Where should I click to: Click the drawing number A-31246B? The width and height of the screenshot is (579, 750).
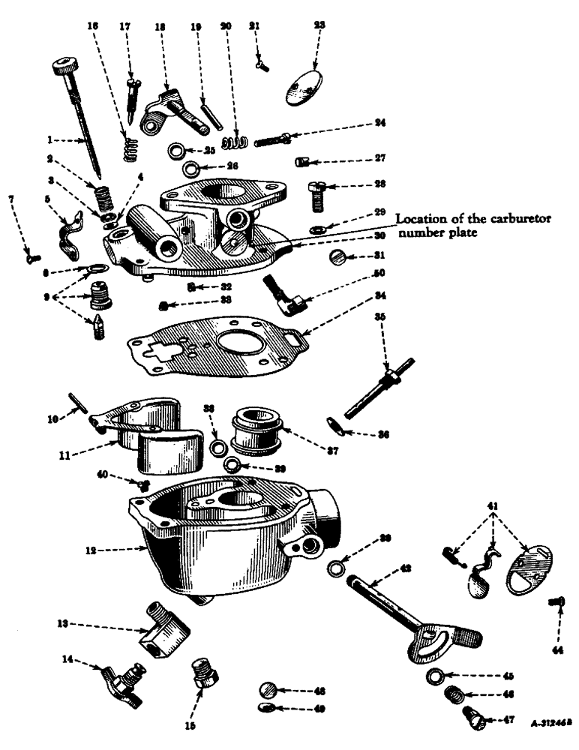(546, 724)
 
